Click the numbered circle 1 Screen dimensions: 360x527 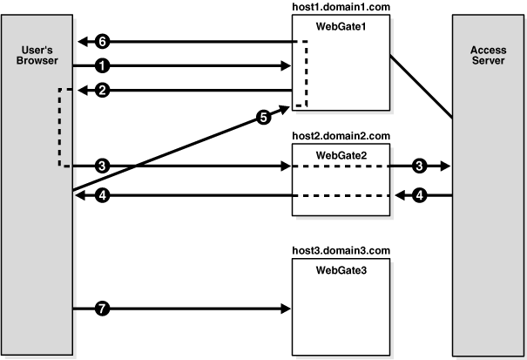(103, 65)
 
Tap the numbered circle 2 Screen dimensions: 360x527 (103, 90)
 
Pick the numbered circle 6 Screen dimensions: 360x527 (103, 41)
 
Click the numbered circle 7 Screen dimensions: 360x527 (103, 309)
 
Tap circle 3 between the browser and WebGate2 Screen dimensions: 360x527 (103, 166)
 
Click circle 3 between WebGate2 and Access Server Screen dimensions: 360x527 (421, 166)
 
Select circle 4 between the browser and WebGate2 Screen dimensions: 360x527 (103, 196)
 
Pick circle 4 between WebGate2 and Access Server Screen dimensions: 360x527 (421, 196)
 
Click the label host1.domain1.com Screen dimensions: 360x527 (340, 8)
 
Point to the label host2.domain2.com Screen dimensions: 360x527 (340, 137)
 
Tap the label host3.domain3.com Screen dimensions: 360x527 (340, 251)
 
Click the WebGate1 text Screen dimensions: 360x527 (340, 25)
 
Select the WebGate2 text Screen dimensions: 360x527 (340, 154)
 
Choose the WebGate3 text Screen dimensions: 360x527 (340, 270)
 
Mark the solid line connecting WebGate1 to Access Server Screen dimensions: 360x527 (420, 85)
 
